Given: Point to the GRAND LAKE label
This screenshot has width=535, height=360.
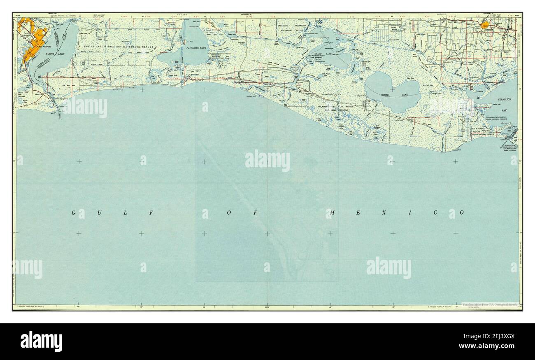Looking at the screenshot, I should pyautogui.click(x=329, y=54).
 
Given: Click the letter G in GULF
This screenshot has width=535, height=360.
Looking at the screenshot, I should pyautogui.click(x=74, y=213).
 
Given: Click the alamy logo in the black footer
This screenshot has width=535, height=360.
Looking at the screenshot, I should pyautogui.click(x=41, y=341).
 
